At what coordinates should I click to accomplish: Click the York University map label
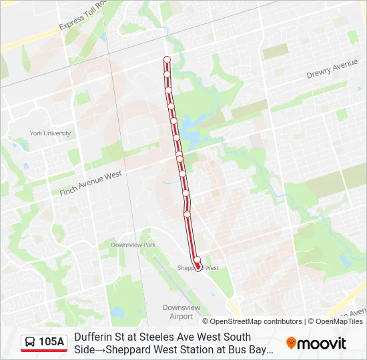pyautogui.click(x=50, y=133)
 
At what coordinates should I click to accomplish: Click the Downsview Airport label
pyautogui.click(x=181, y=311)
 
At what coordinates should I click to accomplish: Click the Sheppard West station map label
pyautogui.click(x=199, y=268)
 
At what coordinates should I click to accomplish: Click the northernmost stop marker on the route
pyautogui.click(x=167, y=60)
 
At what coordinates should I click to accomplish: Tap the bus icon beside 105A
pyautogui.click(x=30, y=342)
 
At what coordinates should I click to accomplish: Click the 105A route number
pyautogui.click(x=51, y=342)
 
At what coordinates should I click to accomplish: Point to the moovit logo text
pyautogui.click(x=322, y=343)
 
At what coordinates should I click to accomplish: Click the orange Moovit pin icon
pyautogui.click(x=291, y=343)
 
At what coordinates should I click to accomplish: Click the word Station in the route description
pyautogui.click(x=205, y=349)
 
